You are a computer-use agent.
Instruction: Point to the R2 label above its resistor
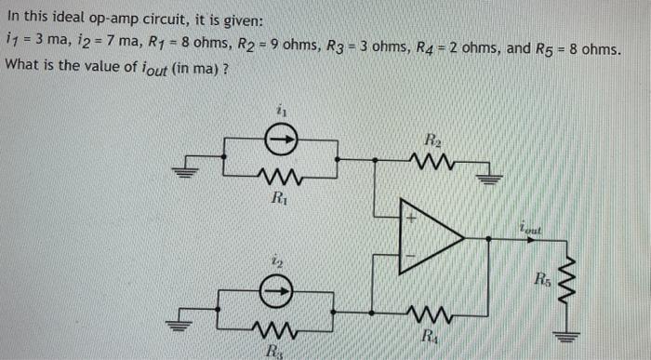pyautogui.click(x=433, y=140)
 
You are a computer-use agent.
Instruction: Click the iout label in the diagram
pyautogui.click(x=530, y=224)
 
